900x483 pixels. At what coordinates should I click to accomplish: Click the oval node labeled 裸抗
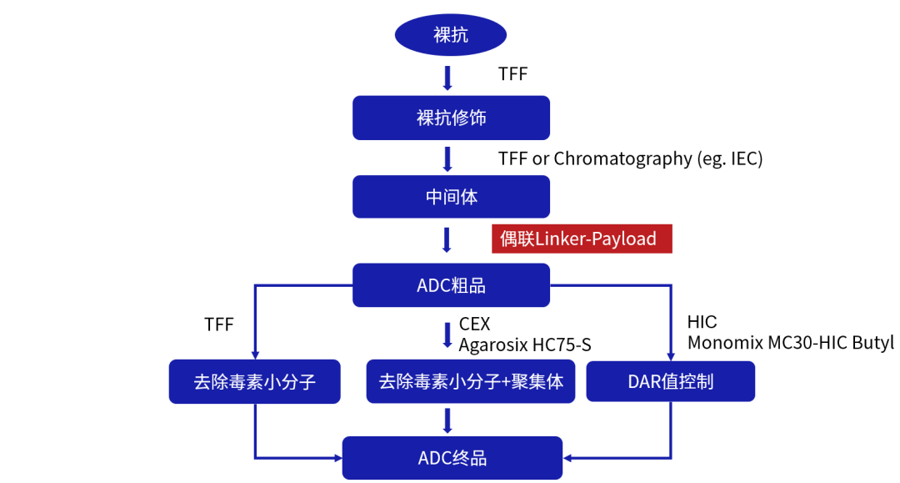(451, 35)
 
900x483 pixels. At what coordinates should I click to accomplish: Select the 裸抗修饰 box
(451, 118)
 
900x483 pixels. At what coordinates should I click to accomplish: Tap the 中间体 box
(451, 197)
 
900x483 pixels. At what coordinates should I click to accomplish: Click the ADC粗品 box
(451, 285)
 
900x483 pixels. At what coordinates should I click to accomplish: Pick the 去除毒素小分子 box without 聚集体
(254, 382)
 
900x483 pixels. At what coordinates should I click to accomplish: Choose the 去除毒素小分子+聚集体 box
(471, 382)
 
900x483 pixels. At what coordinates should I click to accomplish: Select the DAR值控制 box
(671, 382)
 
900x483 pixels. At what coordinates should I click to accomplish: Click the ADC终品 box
(452, 457)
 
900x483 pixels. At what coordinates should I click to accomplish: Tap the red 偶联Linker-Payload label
(581, 239)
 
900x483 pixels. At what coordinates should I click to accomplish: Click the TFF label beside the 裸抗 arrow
(512, 74)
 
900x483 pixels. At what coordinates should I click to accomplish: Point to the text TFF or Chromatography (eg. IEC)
(630, 158)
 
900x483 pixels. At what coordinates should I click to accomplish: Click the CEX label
(474, 325)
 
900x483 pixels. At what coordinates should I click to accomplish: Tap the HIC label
(702, 322)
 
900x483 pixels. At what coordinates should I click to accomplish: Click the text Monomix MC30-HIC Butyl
(790, 342)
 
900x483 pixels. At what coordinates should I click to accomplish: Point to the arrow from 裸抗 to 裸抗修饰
(447, 78)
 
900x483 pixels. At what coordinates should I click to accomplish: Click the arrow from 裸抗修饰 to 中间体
(447, 158)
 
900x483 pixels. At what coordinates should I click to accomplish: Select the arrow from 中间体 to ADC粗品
(447, 239)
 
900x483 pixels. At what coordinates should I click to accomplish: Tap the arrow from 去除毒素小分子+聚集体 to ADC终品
(448, 420)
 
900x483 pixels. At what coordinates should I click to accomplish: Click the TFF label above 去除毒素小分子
(219, 325)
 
